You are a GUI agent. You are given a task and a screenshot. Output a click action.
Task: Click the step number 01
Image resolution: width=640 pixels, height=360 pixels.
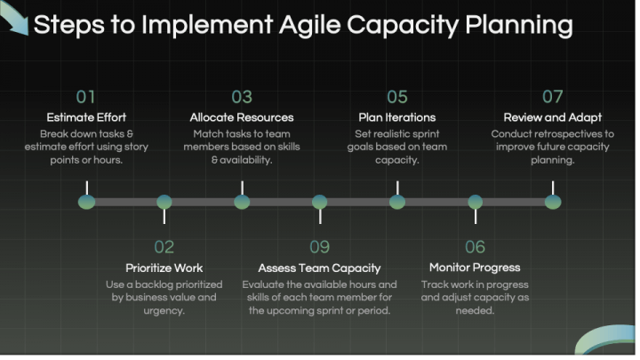pos(86,96)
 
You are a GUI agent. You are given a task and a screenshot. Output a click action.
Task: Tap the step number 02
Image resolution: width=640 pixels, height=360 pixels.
pos(164,246)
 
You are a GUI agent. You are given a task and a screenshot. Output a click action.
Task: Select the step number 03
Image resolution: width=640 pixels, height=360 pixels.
pos(242,96)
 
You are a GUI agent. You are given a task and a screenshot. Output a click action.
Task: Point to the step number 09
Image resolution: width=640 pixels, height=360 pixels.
pos(319,246)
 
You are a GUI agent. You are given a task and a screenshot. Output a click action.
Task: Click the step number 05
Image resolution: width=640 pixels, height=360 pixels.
pos(397,96)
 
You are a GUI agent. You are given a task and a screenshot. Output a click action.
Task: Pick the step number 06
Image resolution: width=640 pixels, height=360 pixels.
pos(475,246)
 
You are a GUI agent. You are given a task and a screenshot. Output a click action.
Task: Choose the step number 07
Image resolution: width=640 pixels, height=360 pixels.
pos(553,96)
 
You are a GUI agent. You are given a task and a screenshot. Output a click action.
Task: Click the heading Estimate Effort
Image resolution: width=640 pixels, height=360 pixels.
pos(86,117)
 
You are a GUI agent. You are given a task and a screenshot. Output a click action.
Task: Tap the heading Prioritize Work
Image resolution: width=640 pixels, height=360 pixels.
pos(164,268)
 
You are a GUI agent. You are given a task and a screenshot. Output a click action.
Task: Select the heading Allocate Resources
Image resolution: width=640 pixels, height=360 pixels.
pos(242,117)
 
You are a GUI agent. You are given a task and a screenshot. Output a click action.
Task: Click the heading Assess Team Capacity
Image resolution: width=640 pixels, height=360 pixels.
pos(319,268)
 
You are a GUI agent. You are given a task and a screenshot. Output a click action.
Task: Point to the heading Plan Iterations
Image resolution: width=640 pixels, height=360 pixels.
pos(397,117)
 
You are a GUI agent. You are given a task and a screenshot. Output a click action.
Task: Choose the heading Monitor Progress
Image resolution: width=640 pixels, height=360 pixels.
pos(475,268)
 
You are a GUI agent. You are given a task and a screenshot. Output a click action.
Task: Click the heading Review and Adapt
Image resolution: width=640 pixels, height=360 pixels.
pos(553,117)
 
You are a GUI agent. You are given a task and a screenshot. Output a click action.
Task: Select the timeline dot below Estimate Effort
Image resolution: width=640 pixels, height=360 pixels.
pos(86,202)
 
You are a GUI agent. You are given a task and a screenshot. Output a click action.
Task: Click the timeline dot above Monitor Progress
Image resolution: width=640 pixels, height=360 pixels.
pos(476,202)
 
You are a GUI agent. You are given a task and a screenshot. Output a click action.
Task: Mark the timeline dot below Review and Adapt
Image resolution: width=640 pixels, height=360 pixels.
pos(553,202)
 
